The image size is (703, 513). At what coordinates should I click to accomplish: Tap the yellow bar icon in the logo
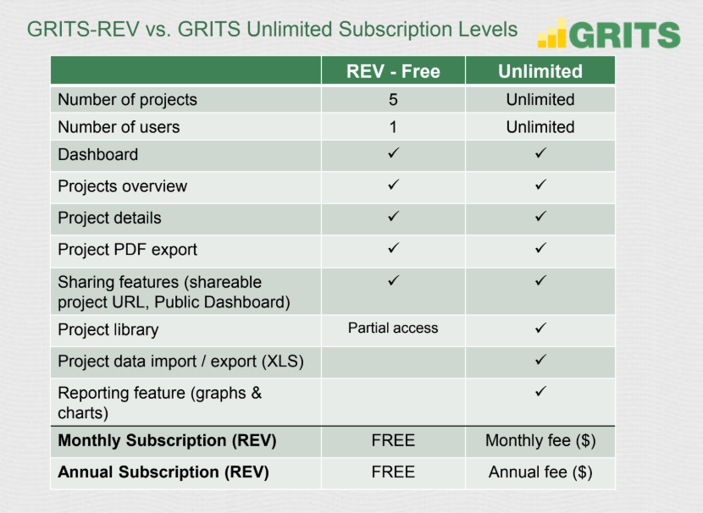(x=552, y=33)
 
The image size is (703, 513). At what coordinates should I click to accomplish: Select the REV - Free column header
(x=393, y=71)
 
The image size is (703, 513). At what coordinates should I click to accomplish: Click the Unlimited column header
(x=540, y=71)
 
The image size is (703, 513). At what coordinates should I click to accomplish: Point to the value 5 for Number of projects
(x=393, y=99)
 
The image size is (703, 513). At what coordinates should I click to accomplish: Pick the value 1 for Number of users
(x=393, y=127)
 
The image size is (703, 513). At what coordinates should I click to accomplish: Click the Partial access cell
(x=393, y=328)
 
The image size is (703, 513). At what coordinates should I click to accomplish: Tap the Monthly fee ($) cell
(x=540, y=441)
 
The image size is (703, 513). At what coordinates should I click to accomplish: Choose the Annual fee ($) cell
(x=540, y=472)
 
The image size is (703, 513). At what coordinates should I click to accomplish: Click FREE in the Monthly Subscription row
(x=393, y=440)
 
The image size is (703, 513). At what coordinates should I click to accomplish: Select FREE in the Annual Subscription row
(x=393, y=472)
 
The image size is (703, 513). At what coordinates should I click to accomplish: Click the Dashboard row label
(x=97, y=155)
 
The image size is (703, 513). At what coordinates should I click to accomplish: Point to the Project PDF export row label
(x=127, y=250)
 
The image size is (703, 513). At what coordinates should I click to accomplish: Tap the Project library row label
(x=108, y=330)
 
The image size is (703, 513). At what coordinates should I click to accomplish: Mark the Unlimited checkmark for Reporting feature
(x=540, y=391)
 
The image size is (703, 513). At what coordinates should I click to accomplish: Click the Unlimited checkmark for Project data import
(x=540, y=359)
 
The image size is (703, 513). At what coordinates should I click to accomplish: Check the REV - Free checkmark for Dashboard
(x=394, y=152)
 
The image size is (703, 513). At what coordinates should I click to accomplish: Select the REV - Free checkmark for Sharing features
(x=394, y=280)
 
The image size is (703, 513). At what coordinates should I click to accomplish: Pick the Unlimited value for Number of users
(x=540, y=127)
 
